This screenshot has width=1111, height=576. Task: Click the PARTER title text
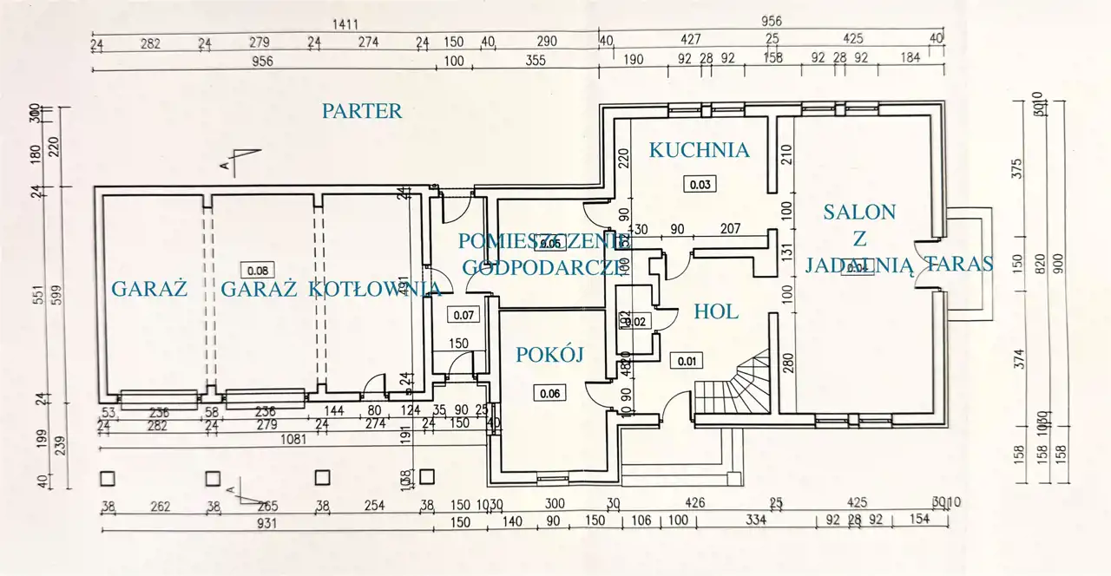(362, 111)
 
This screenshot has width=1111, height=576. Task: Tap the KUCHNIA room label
(699, 150)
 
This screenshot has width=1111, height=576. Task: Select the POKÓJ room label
(549, 354)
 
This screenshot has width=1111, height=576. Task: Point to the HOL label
(716, 311)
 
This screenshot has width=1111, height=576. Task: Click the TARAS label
(959, 265)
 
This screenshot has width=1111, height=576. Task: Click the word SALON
(859, 211)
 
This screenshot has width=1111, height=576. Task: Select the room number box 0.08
(259, 269)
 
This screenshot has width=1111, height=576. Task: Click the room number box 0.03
(700, 184)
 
